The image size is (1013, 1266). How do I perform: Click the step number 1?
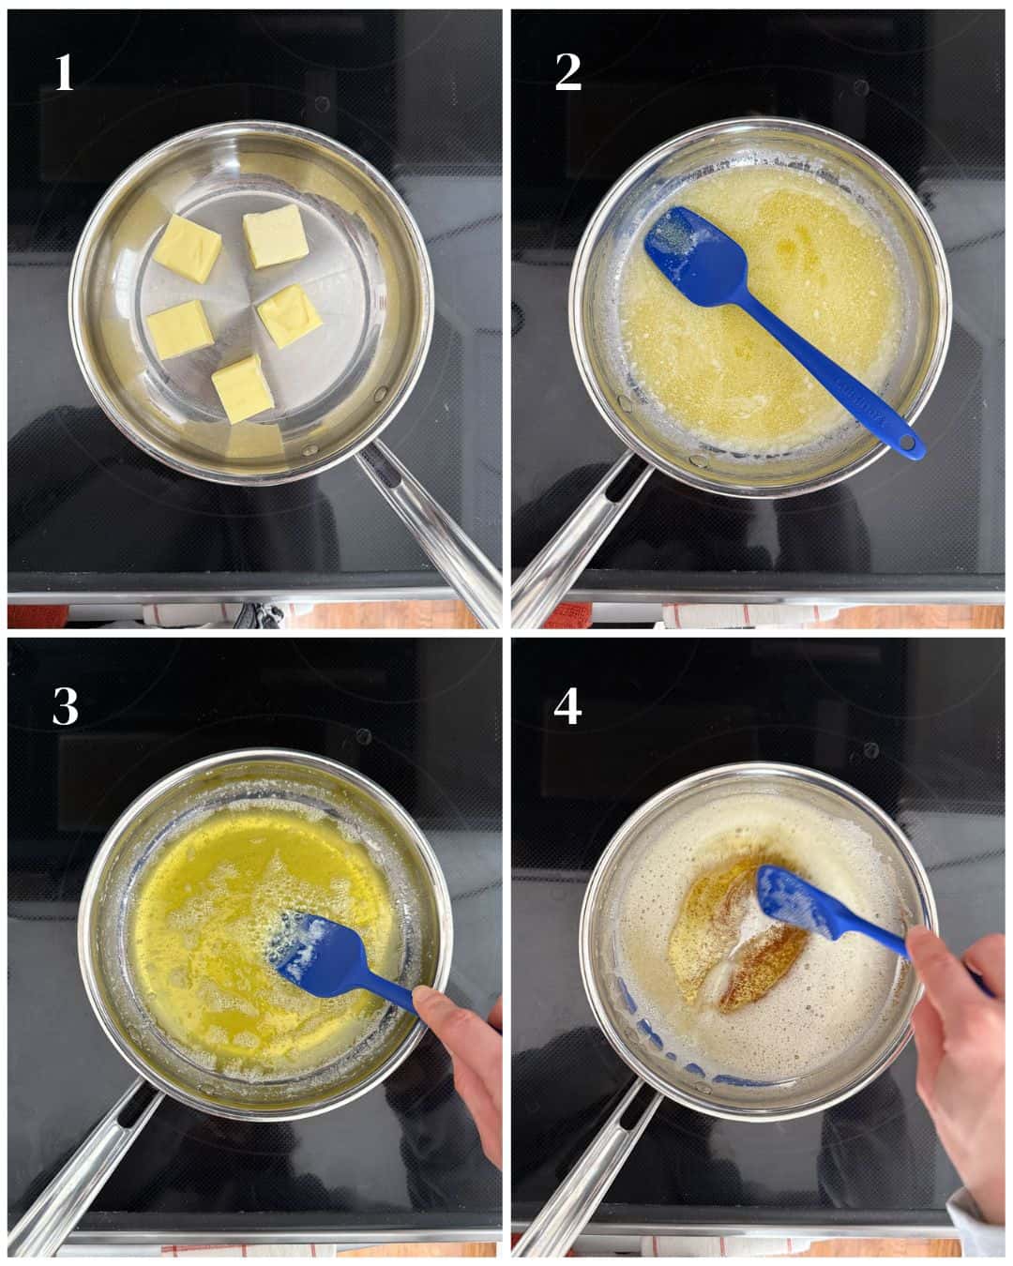tap(64, 73)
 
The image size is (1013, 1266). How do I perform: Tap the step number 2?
tap(568, 73)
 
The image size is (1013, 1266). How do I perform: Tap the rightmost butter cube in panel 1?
tap(291, 315)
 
